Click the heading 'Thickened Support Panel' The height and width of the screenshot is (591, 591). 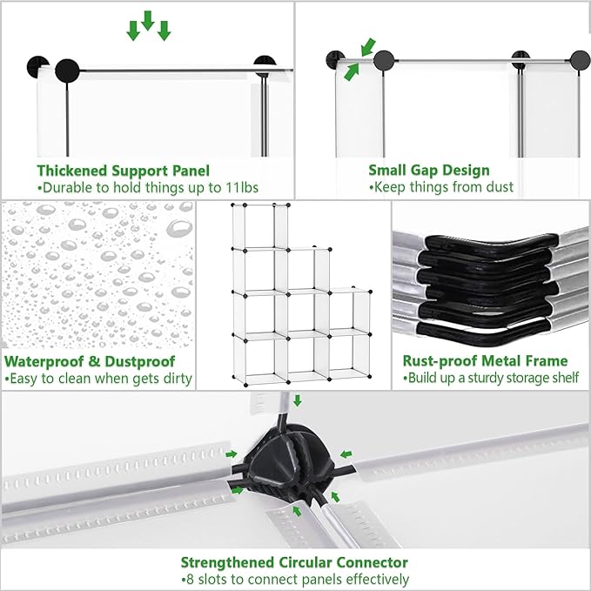123,171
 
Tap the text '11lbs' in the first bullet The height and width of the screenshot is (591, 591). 242,187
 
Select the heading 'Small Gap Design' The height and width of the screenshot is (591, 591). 429,171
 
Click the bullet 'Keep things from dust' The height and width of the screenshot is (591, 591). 441,187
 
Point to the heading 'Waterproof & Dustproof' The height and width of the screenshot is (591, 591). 91,361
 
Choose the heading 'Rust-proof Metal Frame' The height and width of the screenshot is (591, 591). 485,361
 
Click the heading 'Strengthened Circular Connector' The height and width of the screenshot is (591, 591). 294,562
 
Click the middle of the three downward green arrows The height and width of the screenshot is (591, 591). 148,20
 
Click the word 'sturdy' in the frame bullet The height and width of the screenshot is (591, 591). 486,379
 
